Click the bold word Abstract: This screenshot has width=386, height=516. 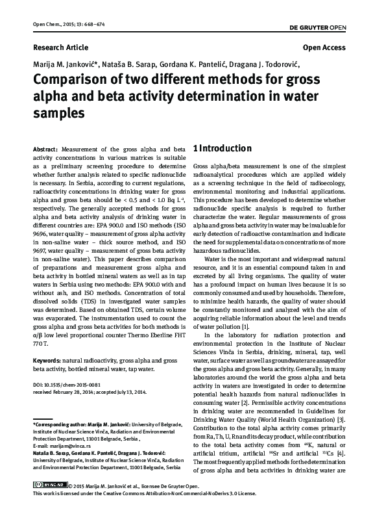46,149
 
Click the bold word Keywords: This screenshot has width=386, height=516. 47,359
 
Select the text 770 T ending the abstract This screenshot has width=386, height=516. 41,343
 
